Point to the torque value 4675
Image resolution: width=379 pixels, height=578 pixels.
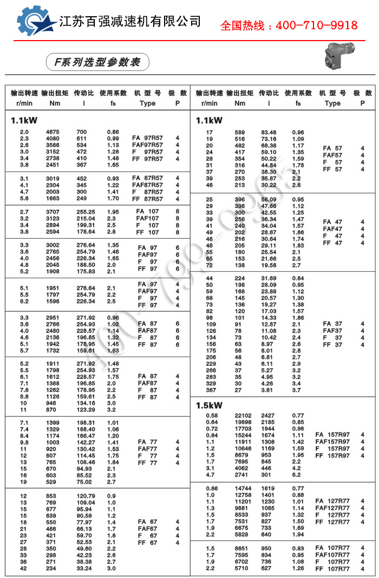(53, 132)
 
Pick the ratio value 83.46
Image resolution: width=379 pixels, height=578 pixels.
(269, 132)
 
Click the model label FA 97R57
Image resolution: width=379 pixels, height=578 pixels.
(147, 139)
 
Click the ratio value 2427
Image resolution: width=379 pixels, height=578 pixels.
(269, 416)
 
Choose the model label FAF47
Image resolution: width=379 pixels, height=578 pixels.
(332, 229)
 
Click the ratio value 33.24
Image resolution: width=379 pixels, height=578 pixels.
(82, 568)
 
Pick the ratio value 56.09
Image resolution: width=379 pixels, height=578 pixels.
(269, 199)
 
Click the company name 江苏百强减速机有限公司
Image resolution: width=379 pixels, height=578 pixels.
(130, 21)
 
